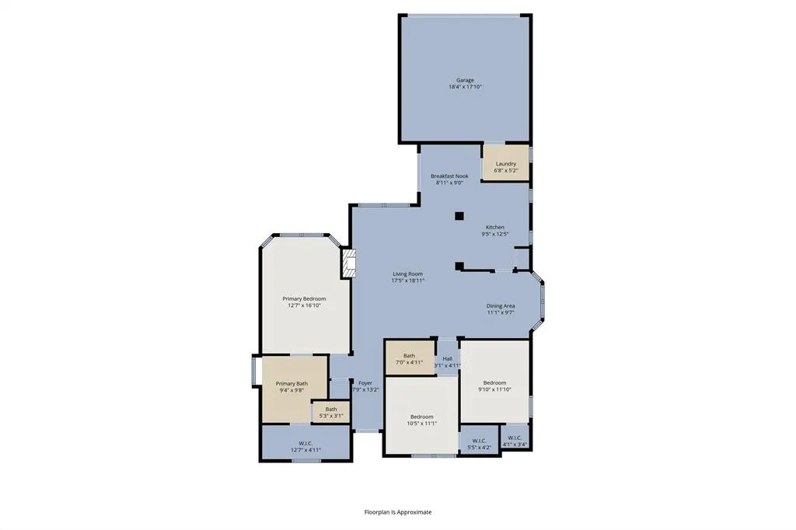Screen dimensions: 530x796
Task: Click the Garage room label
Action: (465, 80)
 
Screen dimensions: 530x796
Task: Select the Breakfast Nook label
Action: (449, 176)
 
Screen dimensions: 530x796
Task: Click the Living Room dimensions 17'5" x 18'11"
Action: (407, 281)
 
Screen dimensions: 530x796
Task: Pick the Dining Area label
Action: (501, 306)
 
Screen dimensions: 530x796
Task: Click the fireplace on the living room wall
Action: (348, 263)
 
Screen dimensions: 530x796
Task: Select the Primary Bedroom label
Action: (304, 299)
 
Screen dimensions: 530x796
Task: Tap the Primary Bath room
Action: (292, 387)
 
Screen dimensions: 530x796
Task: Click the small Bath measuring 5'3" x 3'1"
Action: (331, 412)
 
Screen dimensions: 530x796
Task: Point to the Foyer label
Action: (365, 383)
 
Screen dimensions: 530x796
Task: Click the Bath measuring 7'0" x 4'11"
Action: (409, 359)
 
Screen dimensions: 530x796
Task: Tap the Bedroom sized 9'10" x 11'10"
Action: (494, 385)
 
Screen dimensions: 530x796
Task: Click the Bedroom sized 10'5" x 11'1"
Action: (421, 420)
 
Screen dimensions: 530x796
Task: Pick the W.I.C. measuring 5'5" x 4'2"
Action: (479, 444)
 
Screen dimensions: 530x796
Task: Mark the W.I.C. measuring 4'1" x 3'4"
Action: (515, 441)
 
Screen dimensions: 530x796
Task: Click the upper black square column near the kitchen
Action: (459, 216)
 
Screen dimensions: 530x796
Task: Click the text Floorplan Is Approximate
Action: (398, 512)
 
